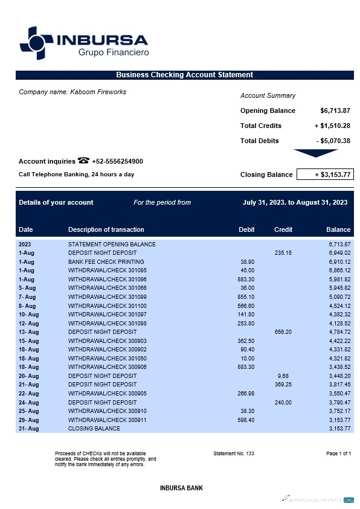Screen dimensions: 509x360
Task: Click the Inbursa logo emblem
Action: point(36,43)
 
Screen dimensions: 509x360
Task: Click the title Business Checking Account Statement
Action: point(184,75)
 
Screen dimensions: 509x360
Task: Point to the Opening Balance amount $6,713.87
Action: point(335,110)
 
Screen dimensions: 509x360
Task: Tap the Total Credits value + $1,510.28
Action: point(332,126)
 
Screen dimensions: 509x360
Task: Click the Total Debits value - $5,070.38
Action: point(333,141)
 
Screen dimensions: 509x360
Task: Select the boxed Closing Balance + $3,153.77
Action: point(324,174)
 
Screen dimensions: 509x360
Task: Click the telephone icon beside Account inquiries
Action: point(83,161)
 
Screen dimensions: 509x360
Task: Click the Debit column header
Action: point(246,229)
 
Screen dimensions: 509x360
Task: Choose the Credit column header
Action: point(283,229)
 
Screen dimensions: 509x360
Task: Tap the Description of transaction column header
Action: point(106,229)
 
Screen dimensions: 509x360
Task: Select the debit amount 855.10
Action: point(246,297)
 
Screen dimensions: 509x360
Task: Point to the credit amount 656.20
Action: point(283,332)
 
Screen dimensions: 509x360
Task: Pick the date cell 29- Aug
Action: point(28,420)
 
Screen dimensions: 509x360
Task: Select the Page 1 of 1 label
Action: point(338,453)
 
